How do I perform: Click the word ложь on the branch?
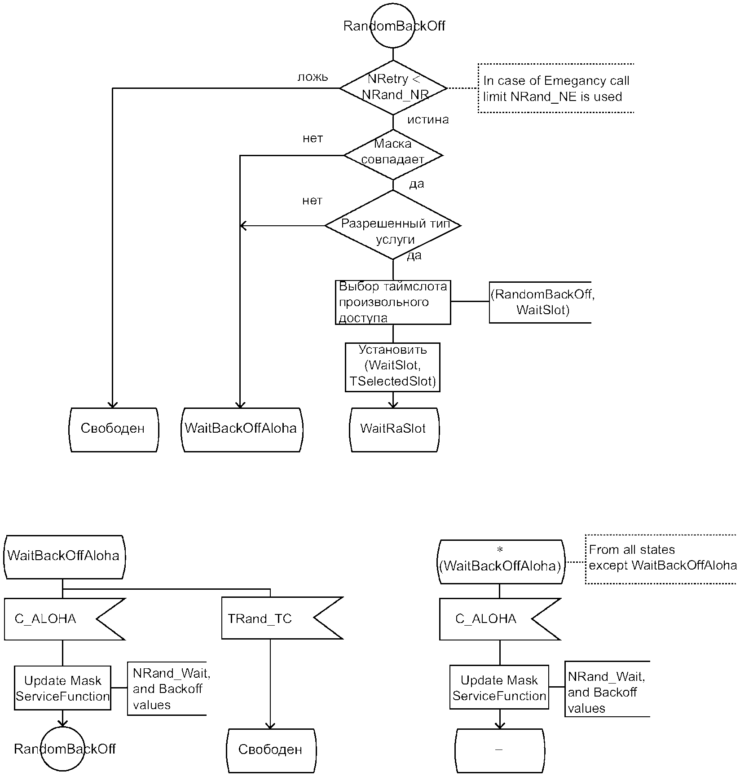313,77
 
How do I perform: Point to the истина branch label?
428,120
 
